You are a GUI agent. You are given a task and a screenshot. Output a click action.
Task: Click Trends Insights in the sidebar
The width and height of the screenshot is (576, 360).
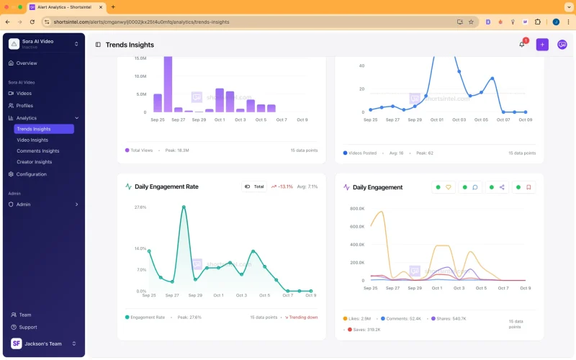coord(34,129)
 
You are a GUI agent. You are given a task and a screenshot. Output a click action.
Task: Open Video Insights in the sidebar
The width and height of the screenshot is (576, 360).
coord(32,140)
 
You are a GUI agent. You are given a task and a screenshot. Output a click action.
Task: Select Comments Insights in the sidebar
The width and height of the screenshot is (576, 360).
coord(37,151)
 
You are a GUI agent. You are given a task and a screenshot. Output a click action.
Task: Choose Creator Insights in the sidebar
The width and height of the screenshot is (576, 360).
coord(35,162)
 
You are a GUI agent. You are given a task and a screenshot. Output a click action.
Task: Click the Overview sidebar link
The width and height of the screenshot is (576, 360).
coord(27,63)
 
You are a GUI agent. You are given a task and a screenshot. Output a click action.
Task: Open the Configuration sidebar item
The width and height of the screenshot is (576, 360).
coord(31,174)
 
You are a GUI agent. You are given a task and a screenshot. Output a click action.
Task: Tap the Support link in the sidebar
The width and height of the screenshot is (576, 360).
coord(28,327)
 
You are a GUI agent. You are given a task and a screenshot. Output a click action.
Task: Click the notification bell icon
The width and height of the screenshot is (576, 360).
coord(522,45)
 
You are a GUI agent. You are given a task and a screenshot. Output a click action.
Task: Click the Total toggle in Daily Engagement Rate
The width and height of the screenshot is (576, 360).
coord(254,186)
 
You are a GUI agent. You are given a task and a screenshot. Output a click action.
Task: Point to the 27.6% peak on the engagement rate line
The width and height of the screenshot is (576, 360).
coord(184,207)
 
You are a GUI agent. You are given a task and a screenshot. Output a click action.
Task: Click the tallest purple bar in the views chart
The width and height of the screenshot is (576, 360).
coord(168,84)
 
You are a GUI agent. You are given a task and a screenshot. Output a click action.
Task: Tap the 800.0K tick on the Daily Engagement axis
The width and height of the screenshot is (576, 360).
coord(357,209)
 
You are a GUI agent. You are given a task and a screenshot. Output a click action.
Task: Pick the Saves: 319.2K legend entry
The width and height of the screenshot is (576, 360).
coord(364,330)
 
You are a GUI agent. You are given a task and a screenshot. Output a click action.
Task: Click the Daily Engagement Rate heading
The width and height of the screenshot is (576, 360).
coord(166,186)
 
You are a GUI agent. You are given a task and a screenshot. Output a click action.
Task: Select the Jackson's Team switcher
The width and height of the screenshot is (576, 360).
coord(43,343)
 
